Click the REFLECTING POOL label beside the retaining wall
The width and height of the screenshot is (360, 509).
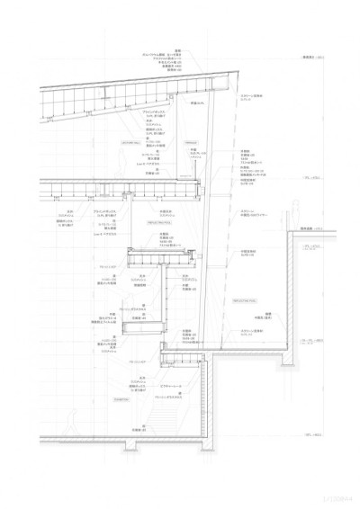tap(246, 299)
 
